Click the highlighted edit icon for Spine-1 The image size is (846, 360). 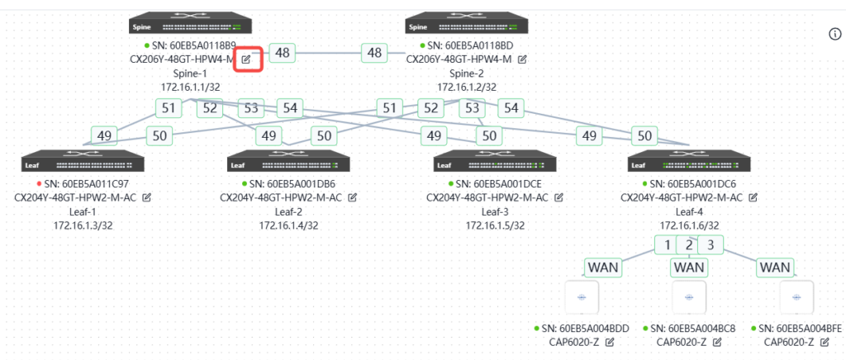247,59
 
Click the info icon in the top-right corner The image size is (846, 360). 834,33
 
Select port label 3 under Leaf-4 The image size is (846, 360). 710,244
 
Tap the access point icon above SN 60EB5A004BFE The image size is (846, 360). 798,296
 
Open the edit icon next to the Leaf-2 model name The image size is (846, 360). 353,198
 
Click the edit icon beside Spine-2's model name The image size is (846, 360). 522,59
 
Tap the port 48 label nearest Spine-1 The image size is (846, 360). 283,53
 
